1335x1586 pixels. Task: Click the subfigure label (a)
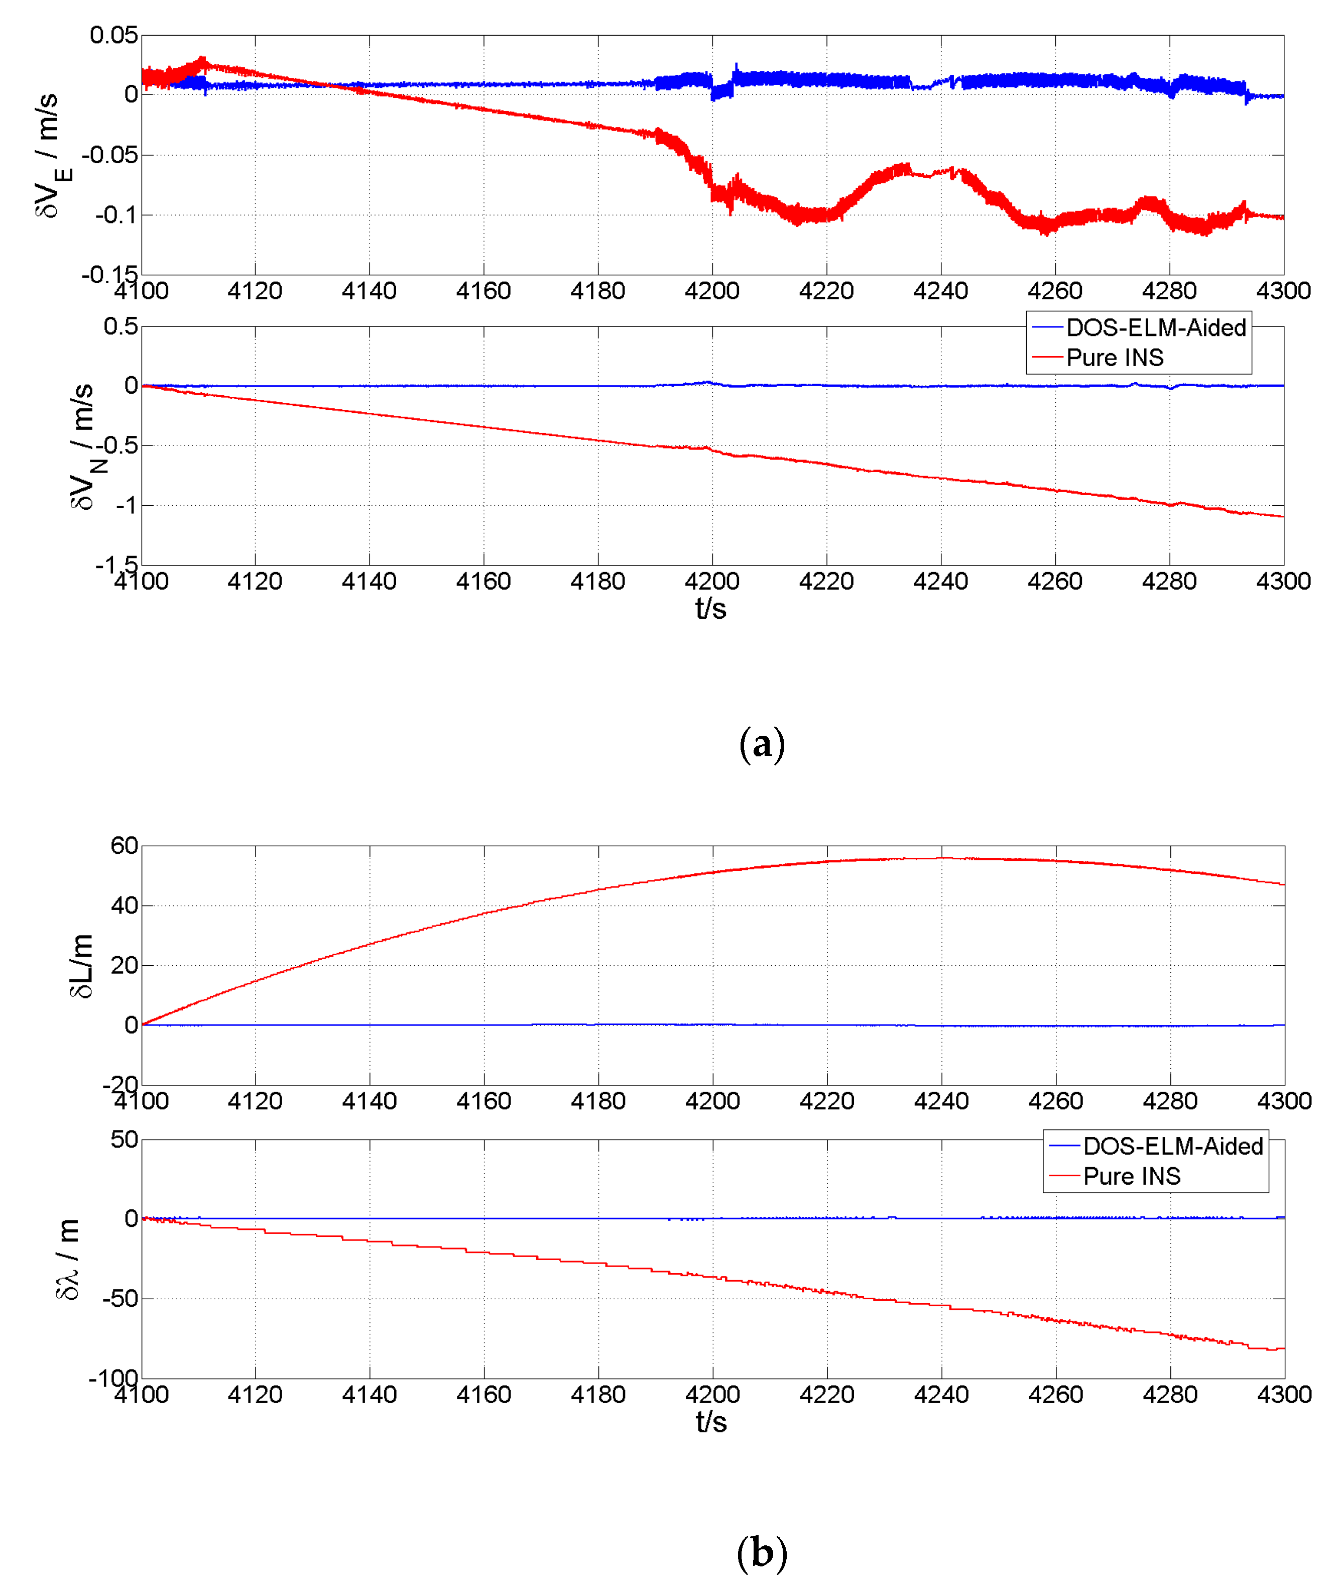[761, 744]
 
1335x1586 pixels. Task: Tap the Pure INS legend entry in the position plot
[1132, 1176]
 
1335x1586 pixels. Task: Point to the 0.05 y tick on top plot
[113, 35]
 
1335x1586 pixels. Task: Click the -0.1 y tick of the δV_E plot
[116, 215]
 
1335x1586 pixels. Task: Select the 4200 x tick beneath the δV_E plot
[712, 291]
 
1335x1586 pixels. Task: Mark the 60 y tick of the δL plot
[124, 846]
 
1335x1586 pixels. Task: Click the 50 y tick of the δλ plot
[124, 1140]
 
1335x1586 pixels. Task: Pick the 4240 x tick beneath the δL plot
[941, 1101]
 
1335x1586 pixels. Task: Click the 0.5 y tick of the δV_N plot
[121, 326]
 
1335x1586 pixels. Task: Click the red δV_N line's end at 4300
[1282, 516]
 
